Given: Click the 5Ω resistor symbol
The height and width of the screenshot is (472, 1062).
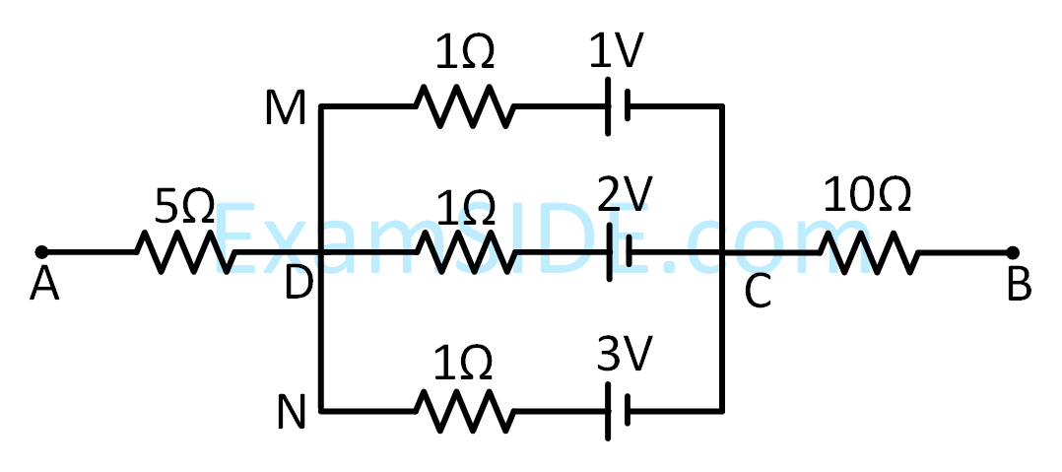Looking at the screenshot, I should (185, 252).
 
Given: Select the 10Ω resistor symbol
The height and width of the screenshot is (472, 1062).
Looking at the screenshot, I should (869, 252).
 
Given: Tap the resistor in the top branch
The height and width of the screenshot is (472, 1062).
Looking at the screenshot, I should (463, 106).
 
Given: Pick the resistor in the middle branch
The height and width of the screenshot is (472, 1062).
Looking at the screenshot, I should (463, 252).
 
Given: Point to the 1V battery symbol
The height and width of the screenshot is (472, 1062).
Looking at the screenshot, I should (617, 106).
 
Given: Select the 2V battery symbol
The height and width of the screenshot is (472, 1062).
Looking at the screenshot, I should (617, 252).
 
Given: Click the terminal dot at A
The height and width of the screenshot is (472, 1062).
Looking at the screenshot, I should (40, 252).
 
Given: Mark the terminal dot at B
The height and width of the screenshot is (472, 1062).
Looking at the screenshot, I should (1011, 252).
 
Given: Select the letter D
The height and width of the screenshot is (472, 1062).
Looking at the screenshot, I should (297, 286).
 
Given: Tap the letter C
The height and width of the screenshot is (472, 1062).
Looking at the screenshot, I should (757, 292).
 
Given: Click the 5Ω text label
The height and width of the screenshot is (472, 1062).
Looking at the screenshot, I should (184, 205).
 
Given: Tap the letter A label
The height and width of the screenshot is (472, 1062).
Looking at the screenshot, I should (43, 286).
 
